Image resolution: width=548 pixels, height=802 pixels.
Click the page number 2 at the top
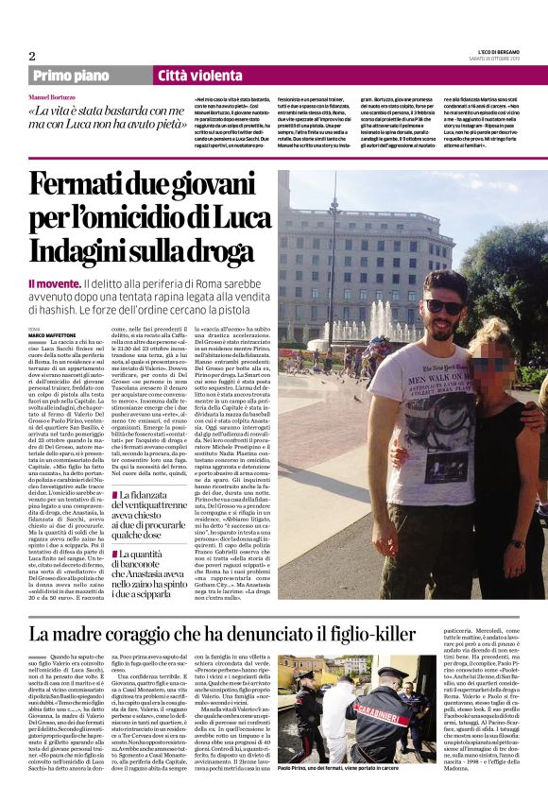[x=32, y=56]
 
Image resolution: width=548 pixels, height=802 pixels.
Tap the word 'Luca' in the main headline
[x=243, y=220]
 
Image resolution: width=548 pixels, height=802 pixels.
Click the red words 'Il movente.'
[x=53, y=284]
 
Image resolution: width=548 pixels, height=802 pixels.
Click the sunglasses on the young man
[x=442, y=306]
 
